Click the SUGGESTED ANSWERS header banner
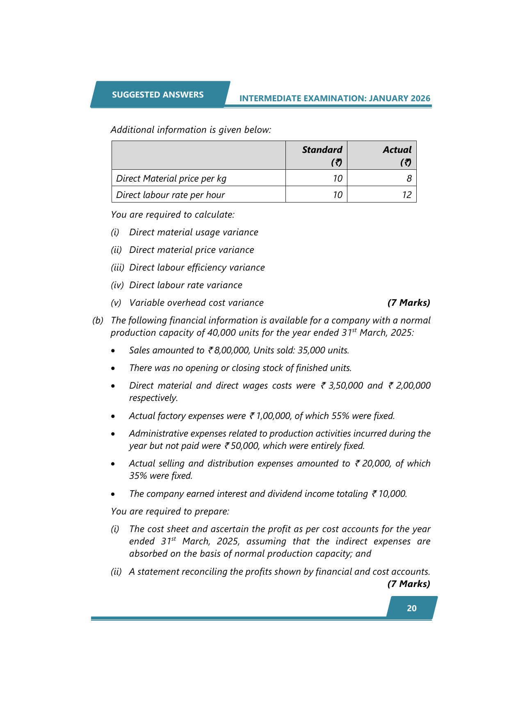tap(157, 95)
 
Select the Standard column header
tap(322, 150)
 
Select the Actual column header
tap(397, 150)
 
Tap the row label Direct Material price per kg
tap(171, 178)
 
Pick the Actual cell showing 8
tap(409, 178)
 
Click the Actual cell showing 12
tap(406, 195)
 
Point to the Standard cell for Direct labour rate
tap(337, 195)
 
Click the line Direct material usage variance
tap(194, 232)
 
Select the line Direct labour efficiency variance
tap(197, 267)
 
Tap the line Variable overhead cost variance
tap(196, 303)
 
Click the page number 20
tap(412, 608)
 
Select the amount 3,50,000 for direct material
tap(346, 385)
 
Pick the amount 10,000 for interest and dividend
tap(392, 494)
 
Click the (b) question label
tap(98, 320)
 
